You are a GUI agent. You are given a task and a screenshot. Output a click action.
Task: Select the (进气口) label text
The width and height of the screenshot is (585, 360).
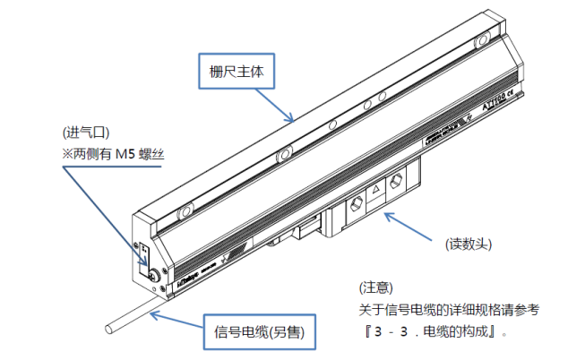tap(86, 132)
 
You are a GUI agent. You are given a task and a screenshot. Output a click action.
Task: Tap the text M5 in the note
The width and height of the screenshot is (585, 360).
tap(127, 153)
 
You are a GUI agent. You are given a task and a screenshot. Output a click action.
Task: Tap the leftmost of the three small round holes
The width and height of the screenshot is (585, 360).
tap(332, 124)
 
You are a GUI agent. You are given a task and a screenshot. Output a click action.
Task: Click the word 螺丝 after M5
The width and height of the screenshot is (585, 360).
tap(154, 153)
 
